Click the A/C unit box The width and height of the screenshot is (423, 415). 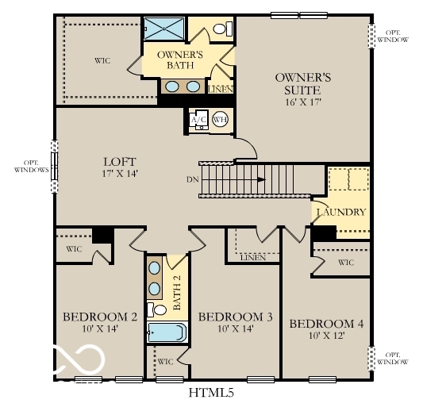pos(198,120)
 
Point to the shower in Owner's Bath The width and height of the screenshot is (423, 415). pos(164,28)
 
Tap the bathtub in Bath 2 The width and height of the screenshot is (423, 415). pos(166,332)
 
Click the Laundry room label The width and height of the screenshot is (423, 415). pos(341,212)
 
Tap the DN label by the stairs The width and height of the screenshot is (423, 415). pos(192,179)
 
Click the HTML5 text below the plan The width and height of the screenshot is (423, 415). pos(210,392)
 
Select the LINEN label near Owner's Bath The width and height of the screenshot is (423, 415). pos(221,90)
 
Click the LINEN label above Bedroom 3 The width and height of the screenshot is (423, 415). pos(252,257)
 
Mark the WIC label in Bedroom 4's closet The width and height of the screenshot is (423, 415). pos(345,262)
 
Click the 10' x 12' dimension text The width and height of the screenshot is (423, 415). pos(326,336)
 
